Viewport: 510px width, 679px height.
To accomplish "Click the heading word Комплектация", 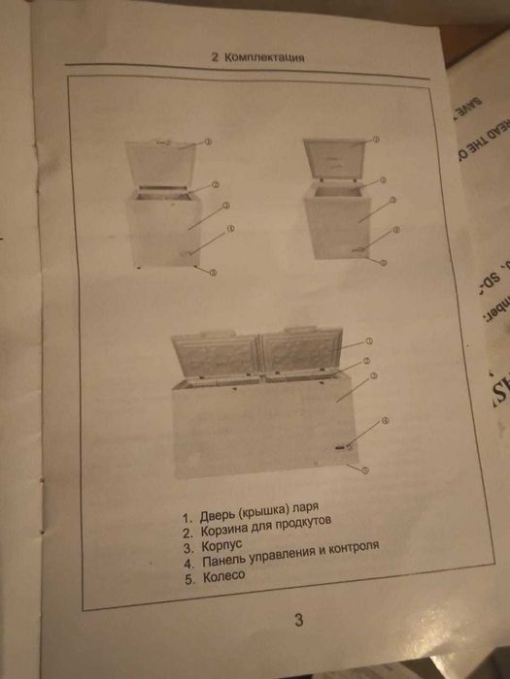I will tap(264, 57).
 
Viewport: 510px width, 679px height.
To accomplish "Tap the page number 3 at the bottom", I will tap(298, 619).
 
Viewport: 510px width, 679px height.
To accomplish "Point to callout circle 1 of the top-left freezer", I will tap(209, 141).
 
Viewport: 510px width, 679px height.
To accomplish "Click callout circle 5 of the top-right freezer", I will tap(385, 263).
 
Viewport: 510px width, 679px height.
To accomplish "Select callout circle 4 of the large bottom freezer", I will tap(385, 420).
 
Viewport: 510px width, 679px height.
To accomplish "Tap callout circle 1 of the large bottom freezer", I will tap(370, 341).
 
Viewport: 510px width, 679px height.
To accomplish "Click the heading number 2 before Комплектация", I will tap(215, 57).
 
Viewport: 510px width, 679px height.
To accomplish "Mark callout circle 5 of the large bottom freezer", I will tap(364, 469).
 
